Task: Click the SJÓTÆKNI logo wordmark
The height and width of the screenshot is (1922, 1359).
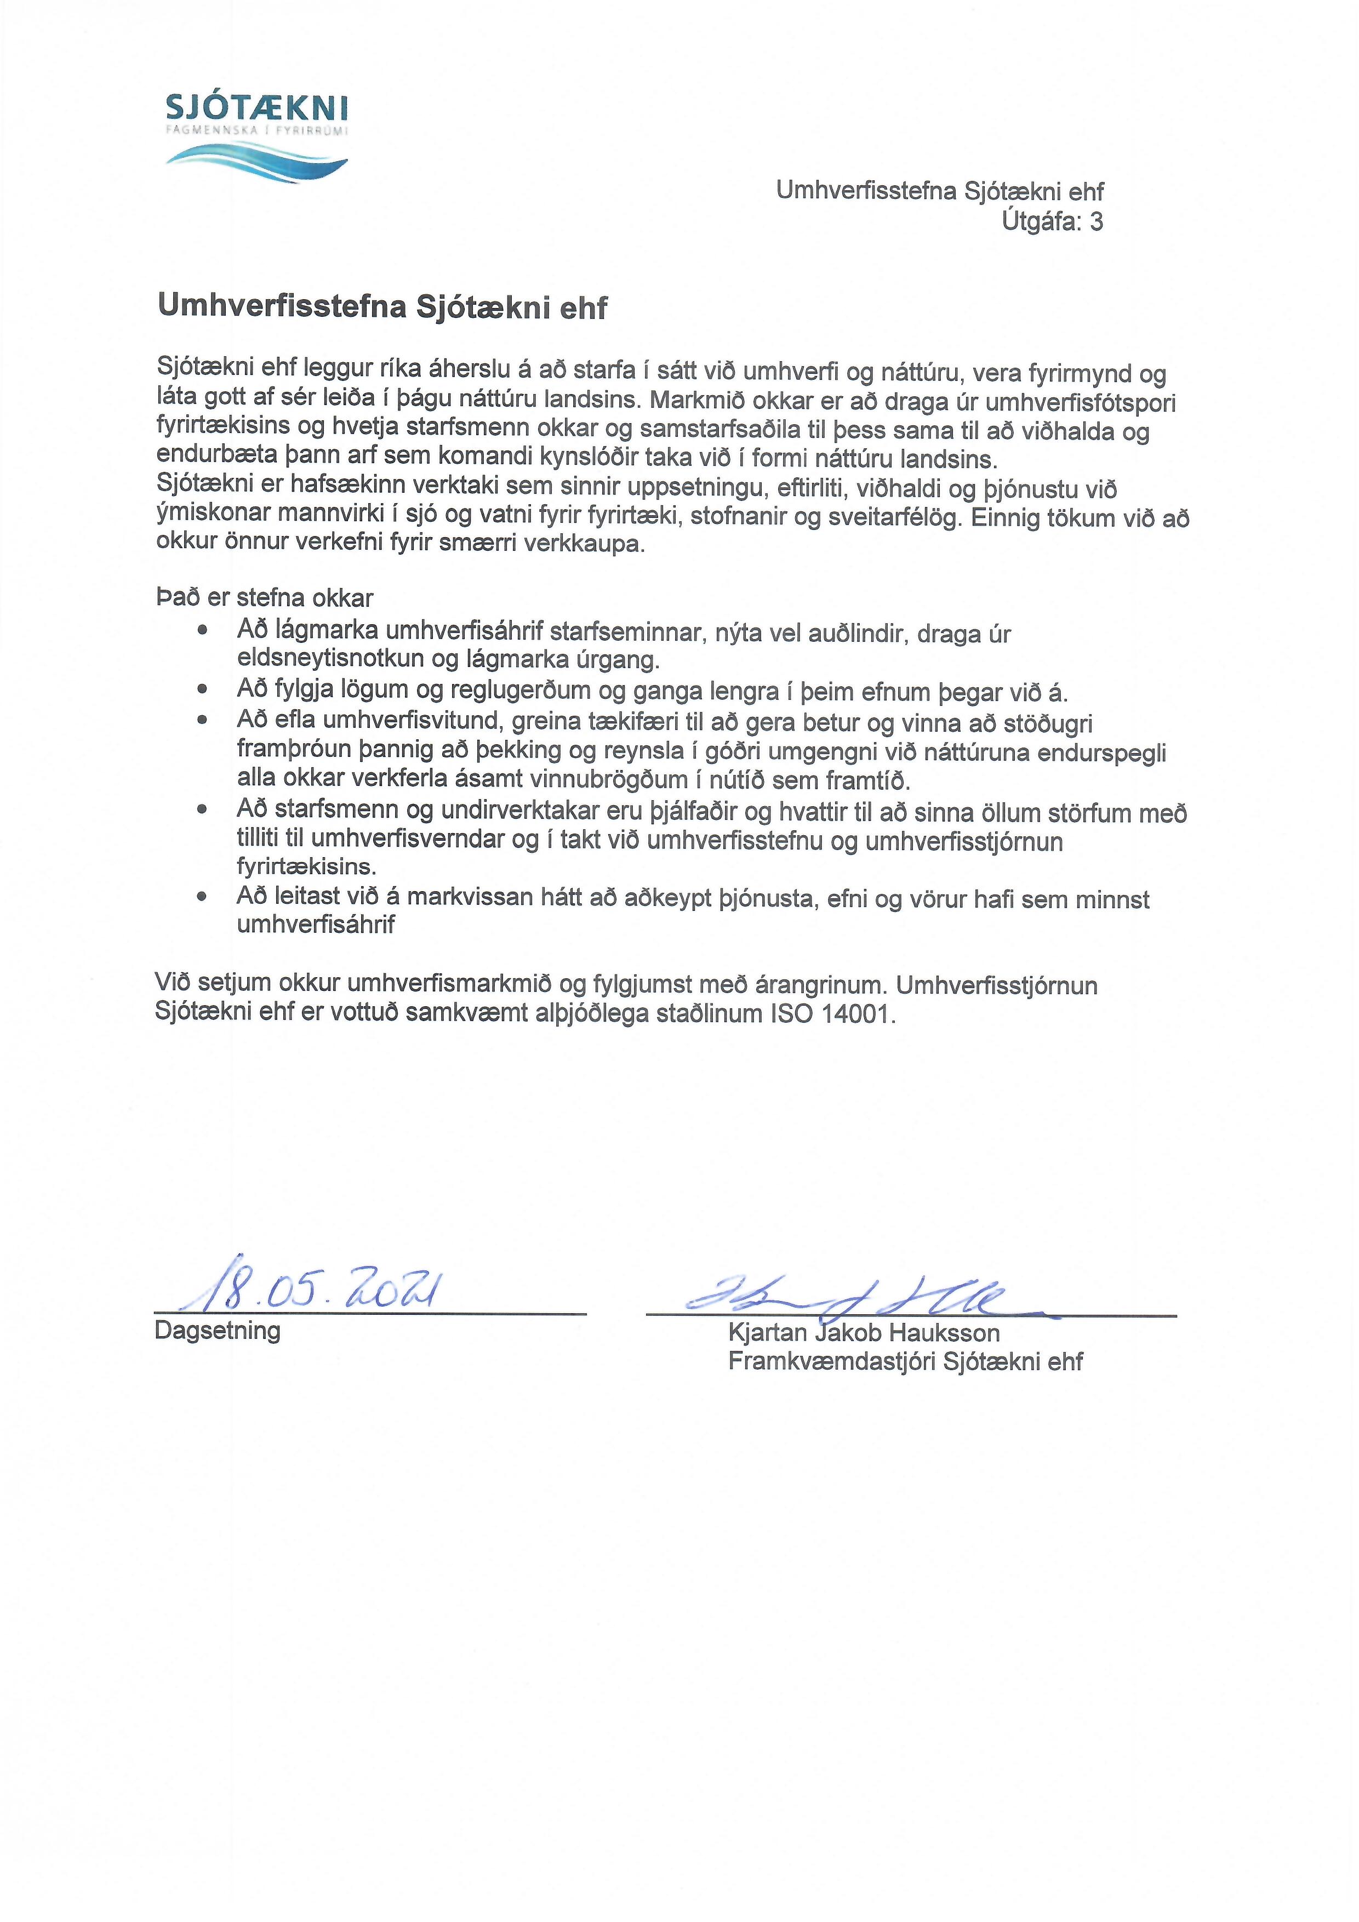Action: [257, 109]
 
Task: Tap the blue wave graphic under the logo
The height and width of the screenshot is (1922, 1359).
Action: [257, 159]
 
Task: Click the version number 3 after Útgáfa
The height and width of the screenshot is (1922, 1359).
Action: [1095, 222]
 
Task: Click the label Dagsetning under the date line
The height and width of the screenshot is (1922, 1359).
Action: [218, 1331]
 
